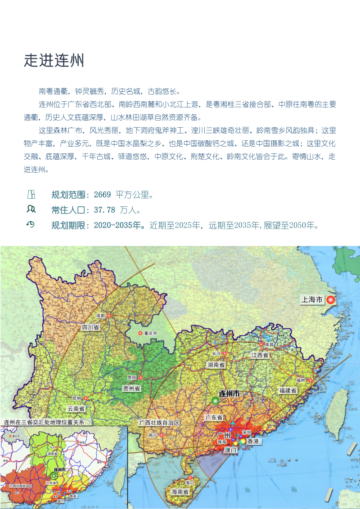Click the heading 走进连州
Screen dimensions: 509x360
[x=54, y=60]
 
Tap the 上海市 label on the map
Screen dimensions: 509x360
[x=312, y=300]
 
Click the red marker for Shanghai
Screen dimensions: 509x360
[x=331, y=300]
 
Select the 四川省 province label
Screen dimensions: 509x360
[x=90, y=327]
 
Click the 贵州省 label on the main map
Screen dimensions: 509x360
[x=132, y=388]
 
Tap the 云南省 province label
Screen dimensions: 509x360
[x=76, y=409]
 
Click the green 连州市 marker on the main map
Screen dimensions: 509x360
[x=215, y=401]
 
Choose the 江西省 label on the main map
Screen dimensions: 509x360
[x=260, y=355]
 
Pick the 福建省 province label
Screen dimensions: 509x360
[x=288, y=391]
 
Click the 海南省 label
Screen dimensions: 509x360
[x=180, y=492]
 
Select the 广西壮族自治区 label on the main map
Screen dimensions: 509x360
[x=159, y=423]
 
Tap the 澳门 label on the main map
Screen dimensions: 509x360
[x=230, y=450]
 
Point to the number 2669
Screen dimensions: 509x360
[x=102, y=195]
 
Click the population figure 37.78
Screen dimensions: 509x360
[x=105, y=210]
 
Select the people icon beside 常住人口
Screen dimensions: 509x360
[x=31, y=209]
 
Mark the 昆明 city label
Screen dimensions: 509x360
[x=76, y=398]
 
